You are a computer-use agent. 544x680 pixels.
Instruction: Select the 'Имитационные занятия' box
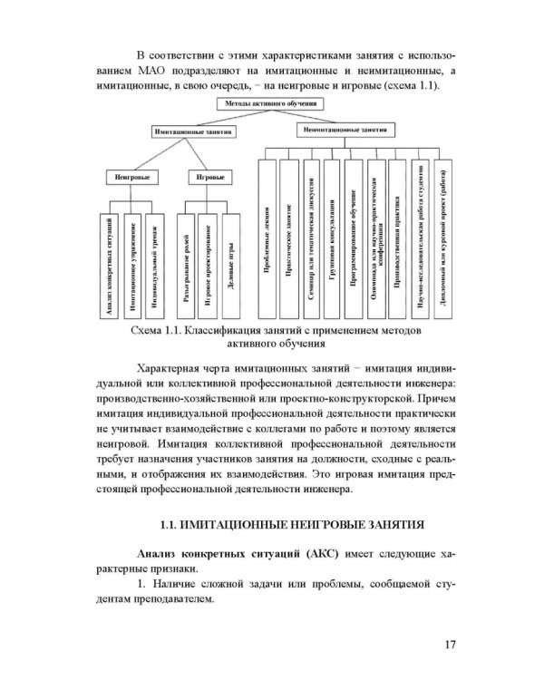191,131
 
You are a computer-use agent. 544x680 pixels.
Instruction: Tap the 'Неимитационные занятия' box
335,131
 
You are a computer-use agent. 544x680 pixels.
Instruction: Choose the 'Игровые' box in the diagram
204,176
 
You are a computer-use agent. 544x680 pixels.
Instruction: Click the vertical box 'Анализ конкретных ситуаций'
107,263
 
